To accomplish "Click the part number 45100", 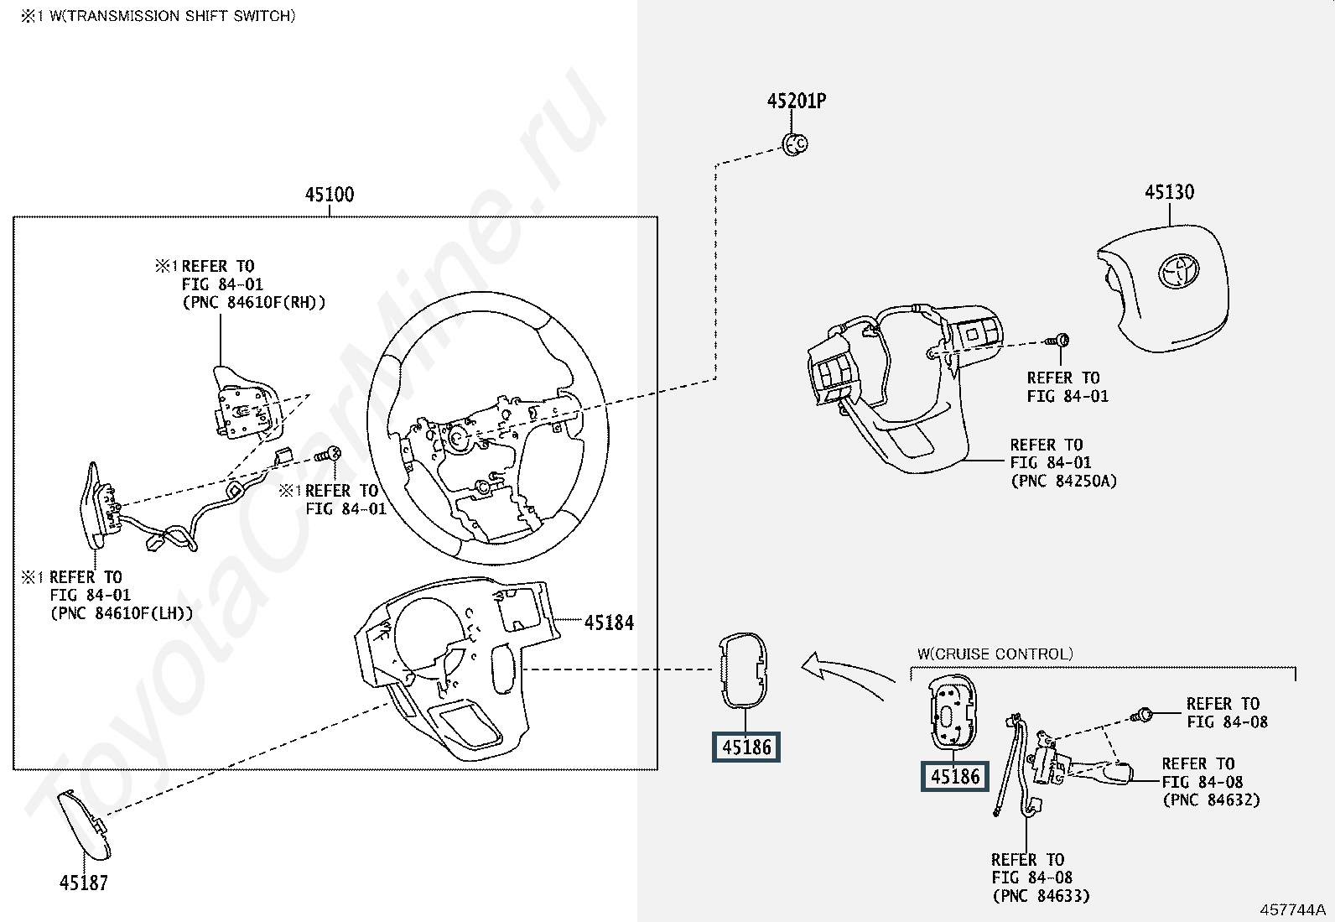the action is point(330,195).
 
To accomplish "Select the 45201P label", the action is point(797,101).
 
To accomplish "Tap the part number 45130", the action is point(1169,192).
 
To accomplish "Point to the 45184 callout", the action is point(609,622).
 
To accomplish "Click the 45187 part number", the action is point(84,883).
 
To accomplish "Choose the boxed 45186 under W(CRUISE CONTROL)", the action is point(955,777).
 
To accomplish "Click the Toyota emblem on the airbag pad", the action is point(1178,273).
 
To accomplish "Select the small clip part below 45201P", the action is point(794,144).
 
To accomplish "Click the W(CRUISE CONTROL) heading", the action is point(995,654).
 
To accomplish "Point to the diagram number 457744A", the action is point(1293,909).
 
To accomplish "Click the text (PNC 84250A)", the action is point(1064,481).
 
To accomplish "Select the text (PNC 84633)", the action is point(1042,896).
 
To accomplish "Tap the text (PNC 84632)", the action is point(1212,800).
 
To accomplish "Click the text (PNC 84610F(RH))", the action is point(254,302).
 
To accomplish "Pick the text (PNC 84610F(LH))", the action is point(122,613).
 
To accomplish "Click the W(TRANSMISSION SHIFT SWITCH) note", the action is point(158,16).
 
